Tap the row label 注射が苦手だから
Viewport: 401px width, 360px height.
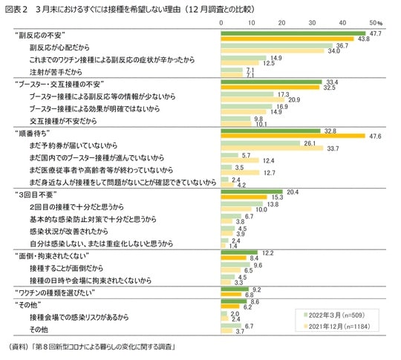tap(58, 71)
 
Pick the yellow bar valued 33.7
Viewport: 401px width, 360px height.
tap(272, 148)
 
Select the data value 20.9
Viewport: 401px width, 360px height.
tap(293, 99)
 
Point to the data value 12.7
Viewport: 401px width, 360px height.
tap(272, 171)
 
